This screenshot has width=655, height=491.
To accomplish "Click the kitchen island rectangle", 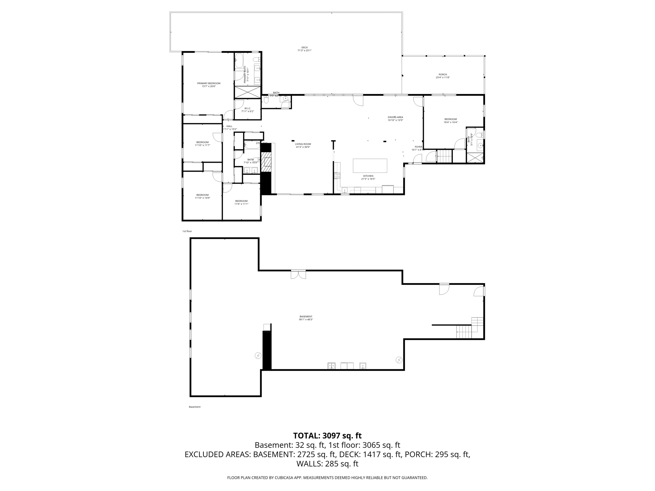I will (x=370, y=166).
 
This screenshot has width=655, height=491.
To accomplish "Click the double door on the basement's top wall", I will (x=298, y=274).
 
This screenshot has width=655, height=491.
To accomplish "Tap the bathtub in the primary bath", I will (x=239, y=61).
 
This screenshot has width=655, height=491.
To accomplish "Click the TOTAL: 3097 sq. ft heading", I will (x=327, y=435).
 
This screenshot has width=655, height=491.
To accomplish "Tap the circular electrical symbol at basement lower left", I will (x=258, y=355).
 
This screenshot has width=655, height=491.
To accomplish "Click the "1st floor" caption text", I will (x=187, y=231).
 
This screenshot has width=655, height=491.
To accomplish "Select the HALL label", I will (x=229, y=126).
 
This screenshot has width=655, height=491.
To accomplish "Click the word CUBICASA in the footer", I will (x=284, y=478).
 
